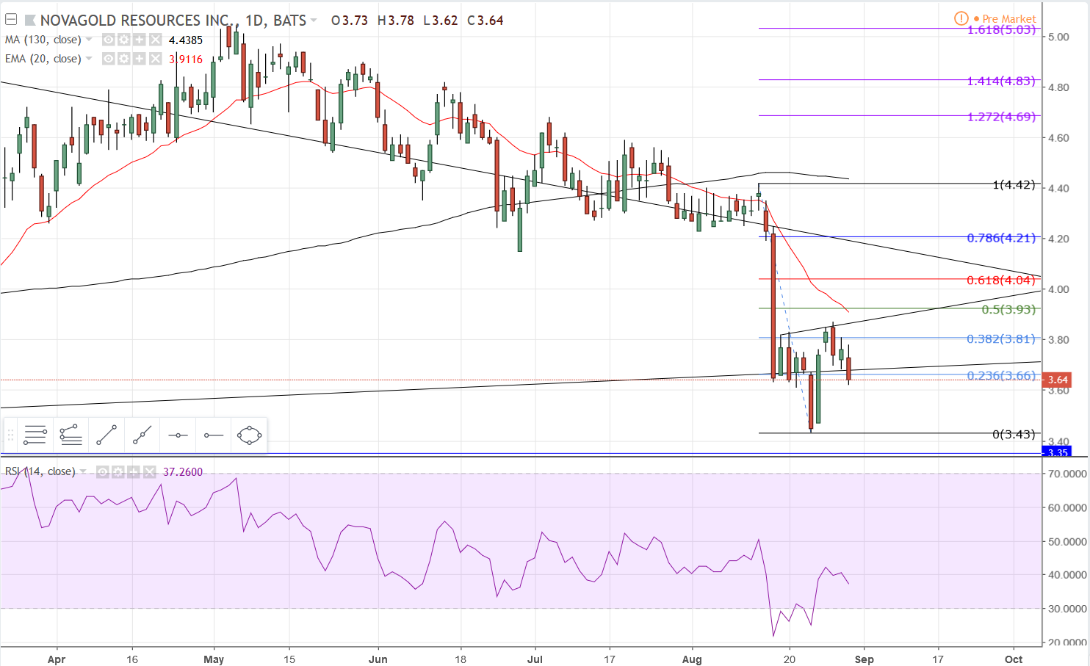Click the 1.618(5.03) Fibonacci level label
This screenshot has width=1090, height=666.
(x=1000, y=30)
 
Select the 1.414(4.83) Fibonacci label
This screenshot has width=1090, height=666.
(x=1000, y=81)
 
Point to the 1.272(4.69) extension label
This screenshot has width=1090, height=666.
(x=1000, y=117)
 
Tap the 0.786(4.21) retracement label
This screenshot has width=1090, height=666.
(x=1000, y=238)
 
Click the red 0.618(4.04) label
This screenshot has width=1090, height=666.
(x=1000, y=280)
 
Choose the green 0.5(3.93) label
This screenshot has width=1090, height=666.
(x=1008, y=309)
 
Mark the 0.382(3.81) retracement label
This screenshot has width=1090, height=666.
(x=1000, y=339)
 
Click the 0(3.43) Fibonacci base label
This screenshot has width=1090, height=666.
(x=1013, y=434)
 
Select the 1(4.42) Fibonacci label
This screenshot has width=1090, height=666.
(x=1013, y=184)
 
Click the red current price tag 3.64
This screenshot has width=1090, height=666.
(x=1058, y=380)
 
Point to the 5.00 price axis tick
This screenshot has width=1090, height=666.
(x=1058, y=37)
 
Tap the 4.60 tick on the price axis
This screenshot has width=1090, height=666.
(x=1058, y=138)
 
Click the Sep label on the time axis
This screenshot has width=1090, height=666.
(x=864, y=659)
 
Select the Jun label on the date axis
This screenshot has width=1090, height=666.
(x=378, y=659)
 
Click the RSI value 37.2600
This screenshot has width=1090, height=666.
(x=182, y=472)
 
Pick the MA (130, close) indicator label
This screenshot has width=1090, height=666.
(x=43, y=40)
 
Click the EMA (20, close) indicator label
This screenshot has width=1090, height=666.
(x=43, y=59)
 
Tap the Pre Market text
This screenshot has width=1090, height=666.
(x=1008, y=19)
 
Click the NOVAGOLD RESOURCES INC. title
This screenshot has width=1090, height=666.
(x=136, y=21)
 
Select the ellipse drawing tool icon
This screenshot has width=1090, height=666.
(x=249, y=435)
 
